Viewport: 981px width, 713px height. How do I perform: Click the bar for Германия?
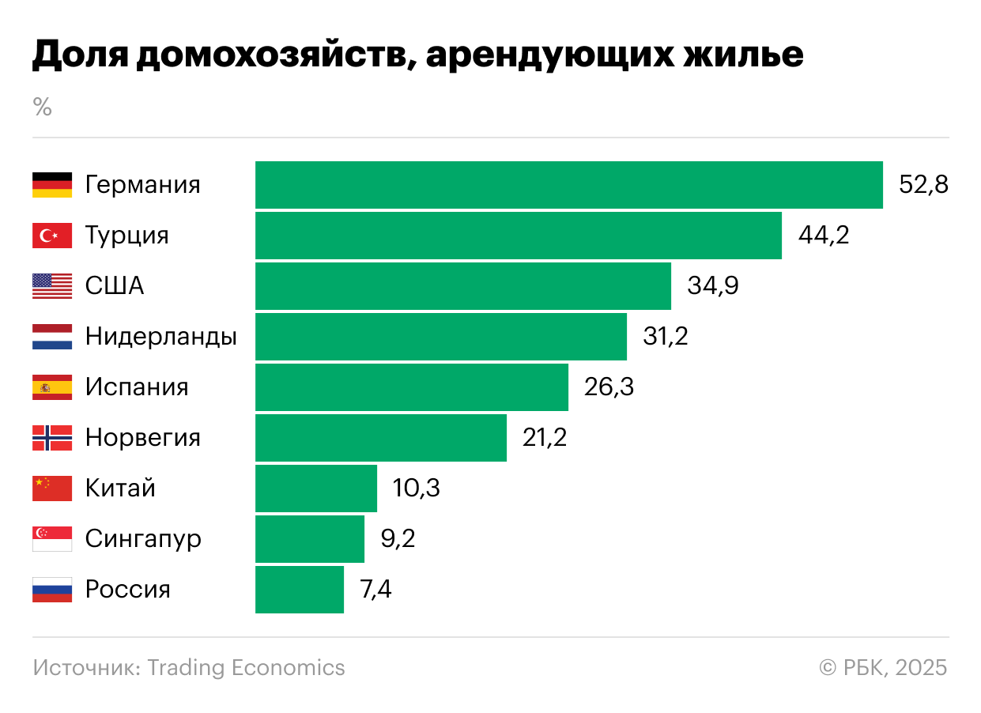[x=568, y=185]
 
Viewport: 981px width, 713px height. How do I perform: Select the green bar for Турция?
[x=518, y=236]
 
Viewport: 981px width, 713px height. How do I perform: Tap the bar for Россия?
[x=300, y=590]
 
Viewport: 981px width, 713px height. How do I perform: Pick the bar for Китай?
[x=316, y=489]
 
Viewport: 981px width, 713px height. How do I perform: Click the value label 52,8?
[x=923, y=185]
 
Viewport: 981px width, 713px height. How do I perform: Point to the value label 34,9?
[x=713, y=286]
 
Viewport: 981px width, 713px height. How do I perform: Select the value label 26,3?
[x=609, y=387]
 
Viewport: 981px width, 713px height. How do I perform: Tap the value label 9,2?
[x=398, y=539]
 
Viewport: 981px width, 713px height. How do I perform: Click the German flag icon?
[x=52, y=185]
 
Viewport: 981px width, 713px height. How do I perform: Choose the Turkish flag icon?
[x=52, y=236]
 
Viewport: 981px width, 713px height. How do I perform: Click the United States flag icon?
[x=52, y=286]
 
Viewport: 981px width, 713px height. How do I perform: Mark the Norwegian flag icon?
[x=52, y=438]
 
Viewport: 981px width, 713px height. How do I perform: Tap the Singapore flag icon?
[x=52, y=539]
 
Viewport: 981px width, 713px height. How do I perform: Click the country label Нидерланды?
[x=161, y=337]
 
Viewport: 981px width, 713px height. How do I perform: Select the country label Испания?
[x=137, y=387]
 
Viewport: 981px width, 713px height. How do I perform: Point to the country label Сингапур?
[x=143, y=539]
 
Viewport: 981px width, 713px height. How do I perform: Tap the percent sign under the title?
[x=43, y=108]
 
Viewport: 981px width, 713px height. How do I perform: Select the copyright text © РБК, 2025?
[x=883, y=668]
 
